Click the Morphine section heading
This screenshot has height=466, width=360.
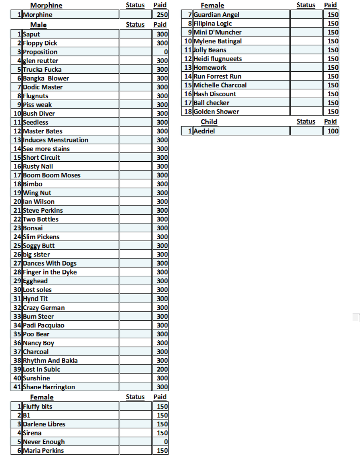click(x=46, y=5)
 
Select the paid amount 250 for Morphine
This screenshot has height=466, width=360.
click(x=160, y=15)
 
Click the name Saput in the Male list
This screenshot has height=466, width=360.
click(x=31, y=34)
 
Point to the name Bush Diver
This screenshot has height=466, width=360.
click(x=39, y=114)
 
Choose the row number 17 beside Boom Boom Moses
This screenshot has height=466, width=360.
click(x=17, y=175)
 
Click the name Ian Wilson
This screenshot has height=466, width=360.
click(x=39, y=202)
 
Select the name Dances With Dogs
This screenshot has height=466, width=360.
click(x=50, y=264)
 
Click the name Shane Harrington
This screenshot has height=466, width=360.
click(x=49, y=387)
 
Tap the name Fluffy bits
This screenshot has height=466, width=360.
click(x=38, y=406)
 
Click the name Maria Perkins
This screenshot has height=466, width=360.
click(x=43, y=451)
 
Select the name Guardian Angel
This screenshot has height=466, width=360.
click(x=217, y=15)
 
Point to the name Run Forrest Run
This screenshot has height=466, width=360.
click(x=218, y=76)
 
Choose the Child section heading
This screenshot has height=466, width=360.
click(x=209, y=121)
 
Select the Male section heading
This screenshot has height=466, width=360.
click(x=38, y=25)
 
